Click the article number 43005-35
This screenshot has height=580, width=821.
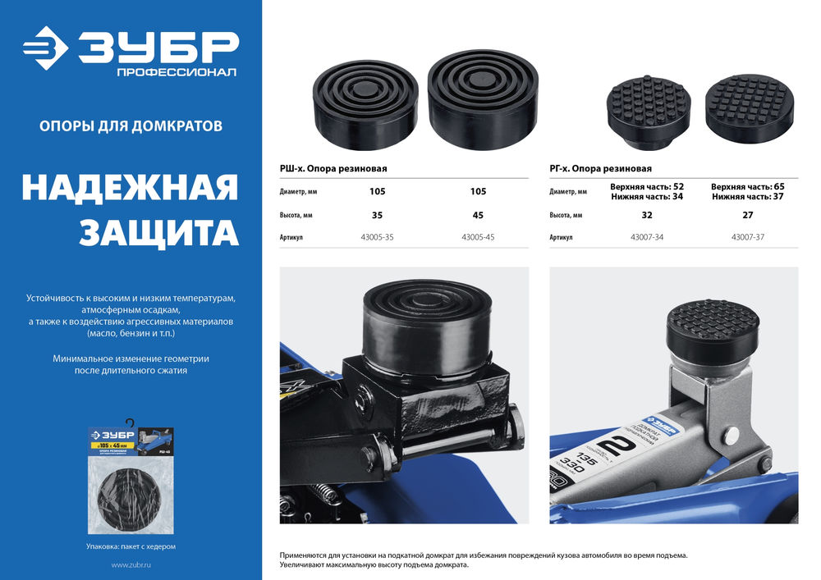pyautogui.click(x=377, y=237)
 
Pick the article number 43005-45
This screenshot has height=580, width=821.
pyautogui.click(x=478, y=237)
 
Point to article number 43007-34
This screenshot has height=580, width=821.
pyautogui.click(x=647, y=237)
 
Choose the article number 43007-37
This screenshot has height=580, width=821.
pyautogui.click(x=748, y=237)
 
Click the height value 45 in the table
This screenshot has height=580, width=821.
pyautogui.click(x=478, y=215)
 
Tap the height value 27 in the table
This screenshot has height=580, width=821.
pyautogui.click(x=748, y=215)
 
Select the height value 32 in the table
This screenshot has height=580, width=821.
pyautogui.click(x=647, y=215)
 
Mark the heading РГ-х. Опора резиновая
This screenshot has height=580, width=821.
pyautogui.click(x=600, y=169)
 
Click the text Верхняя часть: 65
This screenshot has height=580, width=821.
pyautogui.click(x=748, y=186)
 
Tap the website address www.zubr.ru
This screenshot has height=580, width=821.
pyautogui.click(x=131, y=566)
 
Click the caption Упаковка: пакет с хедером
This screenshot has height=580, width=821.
pyautogui.click(x=131, y=546)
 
